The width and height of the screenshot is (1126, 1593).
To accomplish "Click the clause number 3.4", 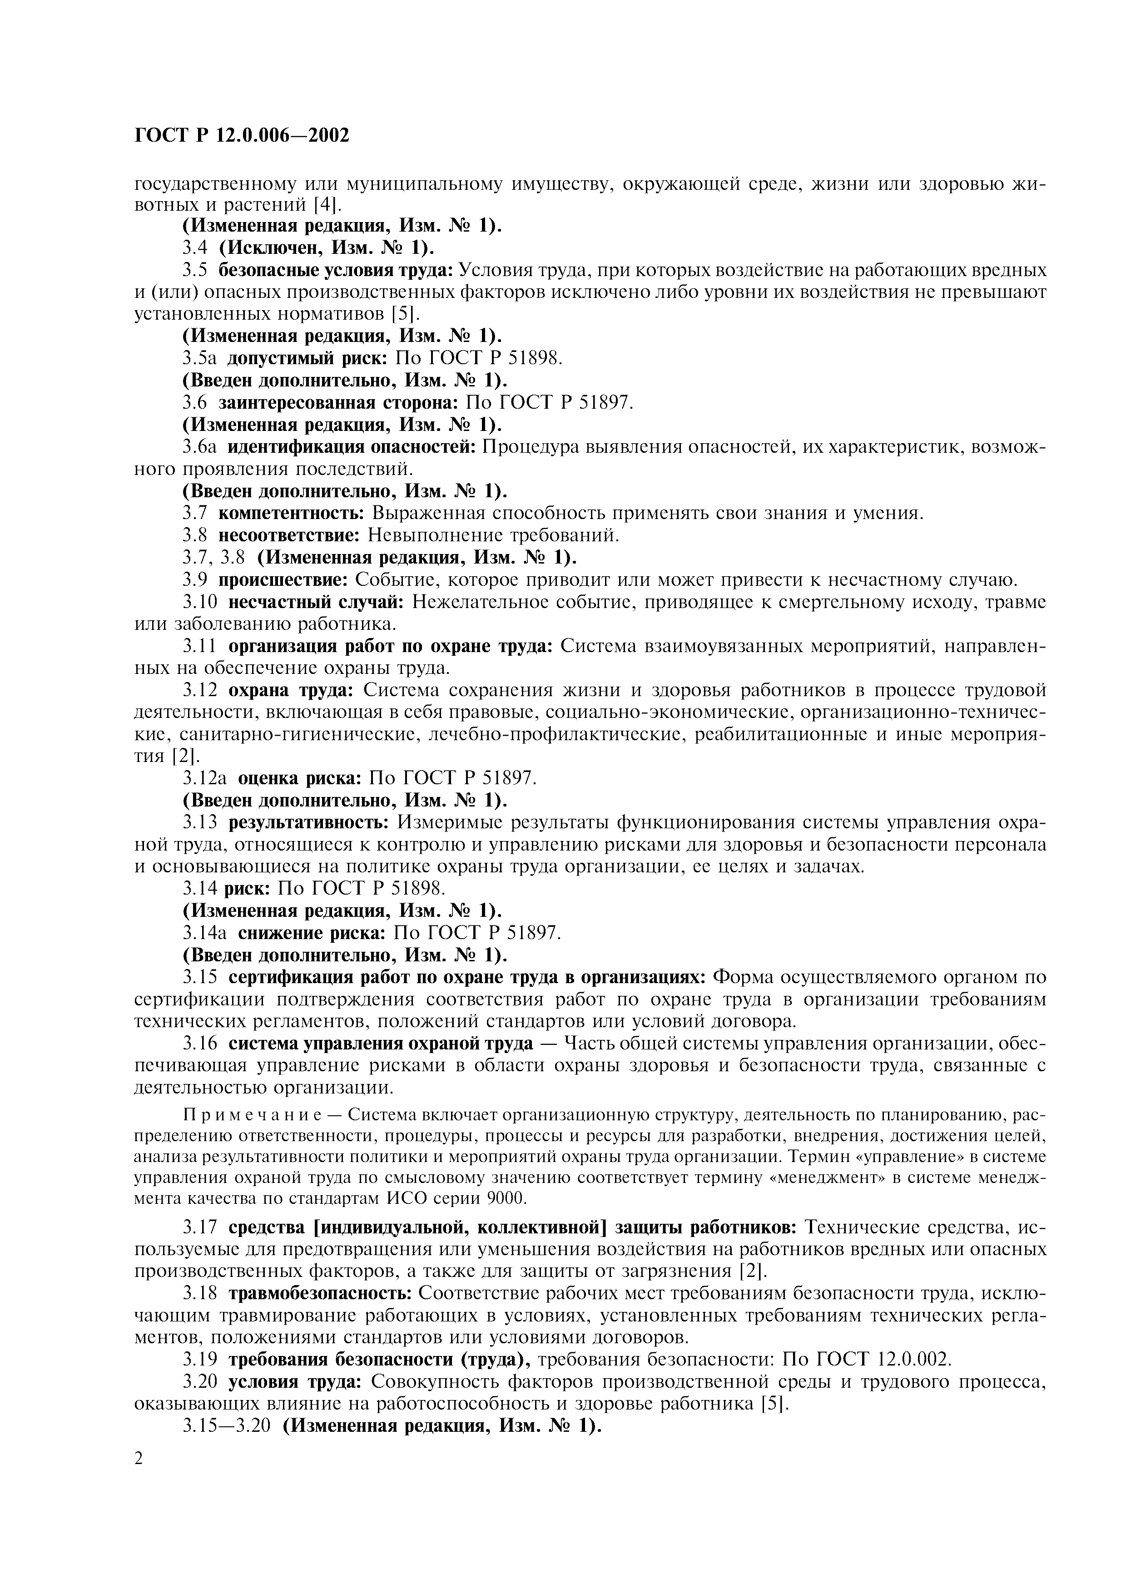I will click(196, 247).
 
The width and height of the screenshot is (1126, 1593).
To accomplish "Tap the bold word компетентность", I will click(292, 514).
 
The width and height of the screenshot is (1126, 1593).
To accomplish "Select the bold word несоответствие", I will click(289, 536).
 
